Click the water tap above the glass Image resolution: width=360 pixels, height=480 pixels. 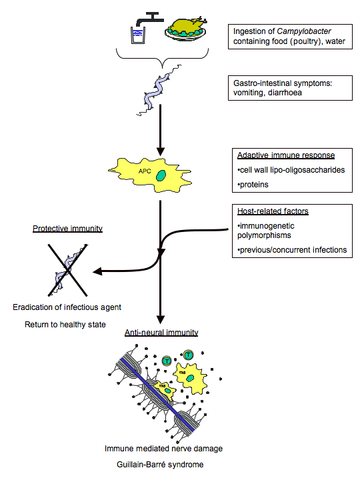tap(150, 19)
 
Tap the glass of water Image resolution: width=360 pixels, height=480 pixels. tap(138, 35)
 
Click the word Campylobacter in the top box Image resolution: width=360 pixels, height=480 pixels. tap(304, 31)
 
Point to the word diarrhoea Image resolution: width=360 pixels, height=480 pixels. tap(285, 93)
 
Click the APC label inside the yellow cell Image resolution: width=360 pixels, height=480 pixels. tap(145, 171)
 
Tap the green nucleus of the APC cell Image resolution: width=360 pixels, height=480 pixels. tap(161, 176)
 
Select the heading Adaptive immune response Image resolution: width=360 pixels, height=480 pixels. tap(286, 155)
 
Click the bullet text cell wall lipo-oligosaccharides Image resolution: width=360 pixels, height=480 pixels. tap(291, 170)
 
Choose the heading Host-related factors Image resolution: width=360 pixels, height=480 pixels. tap(273, 211)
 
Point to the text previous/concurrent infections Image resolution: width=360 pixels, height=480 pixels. tap(292, 250)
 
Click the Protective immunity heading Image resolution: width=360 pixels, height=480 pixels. tap(67, 229)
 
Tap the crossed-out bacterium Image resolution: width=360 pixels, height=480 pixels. tap(67, 270)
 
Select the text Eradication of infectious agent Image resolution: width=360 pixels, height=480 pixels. tap(67, 307)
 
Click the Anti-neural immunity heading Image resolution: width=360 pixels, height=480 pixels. tap(161, 333)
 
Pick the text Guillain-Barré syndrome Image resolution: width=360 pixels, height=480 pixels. tap(160, 465)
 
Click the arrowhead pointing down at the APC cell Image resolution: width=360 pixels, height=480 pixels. tap(161, 151)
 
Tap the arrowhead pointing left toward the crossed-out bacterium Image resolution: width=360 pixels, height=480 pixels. tap(97, 271)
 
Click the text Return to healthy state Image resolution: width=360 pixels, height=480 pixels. tap(65, 325)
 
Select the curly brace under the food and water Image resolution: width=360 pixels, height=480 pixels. tap(162, 58)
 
